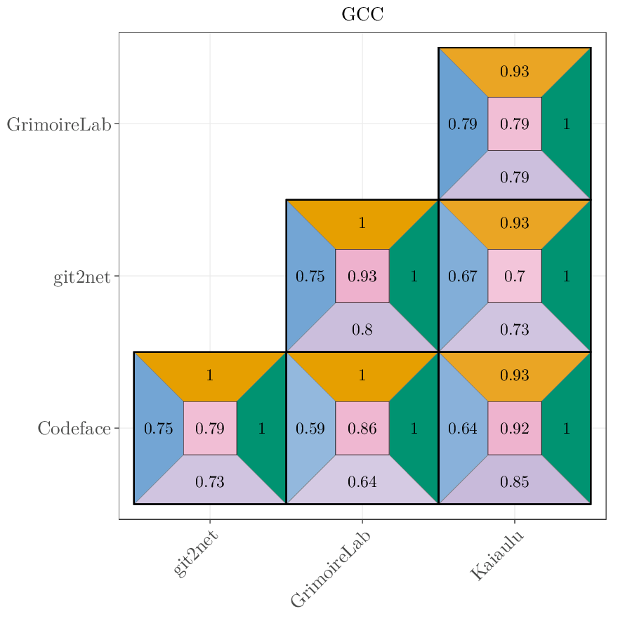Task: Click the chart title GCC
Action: pyautogui.click(x=362, y=15)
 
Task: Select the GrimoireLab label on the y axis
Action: pyautogui.click(x=59, y=125)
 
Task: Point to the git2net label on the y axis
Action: pyautogui.click(x=82, y=277)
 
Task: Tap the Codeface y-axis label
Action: pyautogui.click(x=74, y=429)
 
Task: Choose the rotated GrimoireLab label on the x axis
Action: pyautogui.click(x=330, y=568)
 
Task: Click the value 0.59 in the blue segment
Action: pyautogui.click(x=310, y=429)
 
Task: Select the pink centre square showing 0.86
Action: pyautogui.click(x=362, y=429)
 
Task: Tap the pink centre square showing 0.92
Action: pyautogui.click(x=515, y=429)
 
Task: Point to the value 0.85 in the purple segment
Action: pyautogui.click(x=515, y=482)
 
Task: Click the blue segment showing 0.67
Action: pyautogui.click(x=463, y=276)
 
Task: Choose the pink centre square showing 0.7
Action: pyautogui.click(x=515, y=276)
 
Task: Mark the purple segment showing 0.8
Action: pyautogui.click(x=362, y=329)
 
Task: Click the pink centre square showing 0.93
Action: pyautogui.click(x=362, y=276)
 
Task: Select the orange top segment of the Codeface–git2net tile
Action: pyautogui.click(x=210, y=375)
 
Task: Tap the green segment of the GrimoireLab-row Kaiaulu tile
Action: pyautogui.click(x=567, y=124)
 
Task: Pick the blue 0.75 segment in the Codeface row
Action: pyautogui.click(x=158, y=429)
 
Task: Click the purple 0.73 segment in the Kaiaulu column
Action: pyautogui.click(x=515, y=329)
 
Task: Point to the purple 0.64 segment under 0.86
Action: pyautogui.click(x=362, y=482)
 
